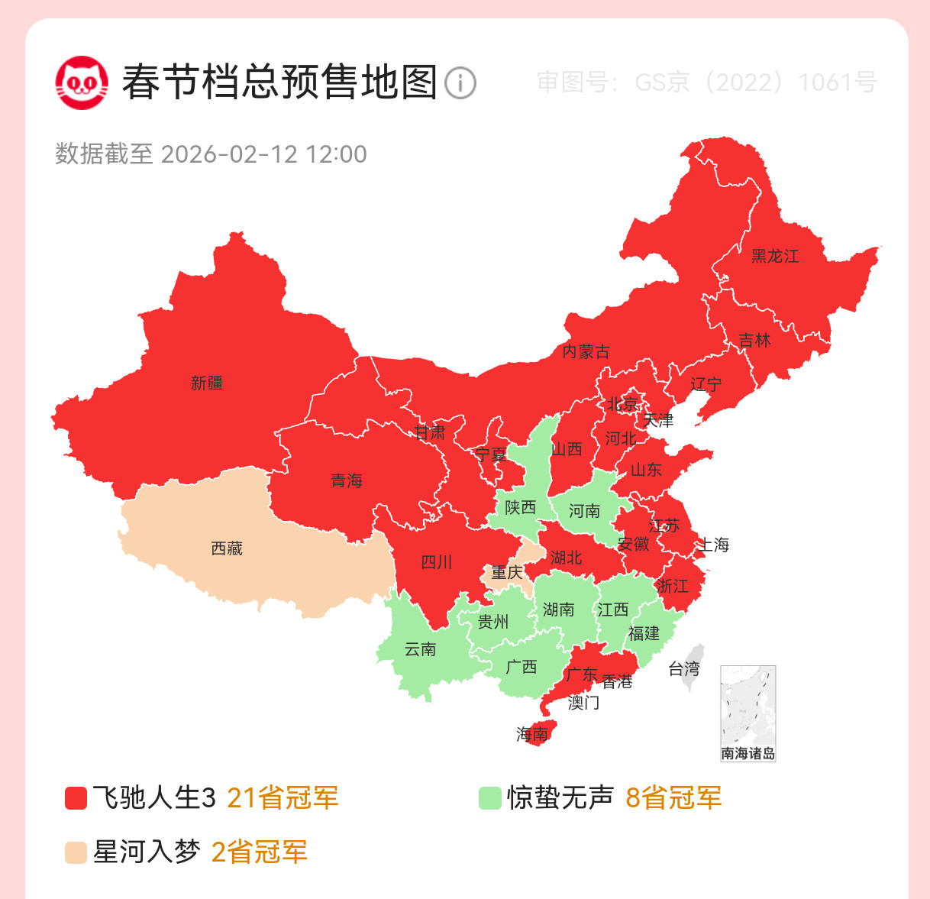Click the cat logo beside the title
[x=81, y=82]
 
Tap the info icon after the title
[x=460, y=82]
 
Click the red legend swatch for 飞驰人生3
[x=76, y=798]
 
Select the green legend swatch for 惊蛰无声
[x=489, y=798]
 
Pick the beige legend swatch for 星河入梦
[x=76, y=852]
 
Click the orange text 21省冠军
[x=283, y=798]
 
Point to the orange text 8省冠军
[x=673, y=798]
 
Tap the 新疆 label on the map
[x=207, y=383]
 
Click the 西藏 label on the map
[x=227, y=548]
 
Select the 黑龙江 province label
[x=775, y=257]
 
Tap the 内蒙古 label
[x=586, y=351]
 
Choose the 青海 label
[x=347, y=480]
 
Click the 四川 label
[x=437, y=563]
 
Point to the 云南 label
[x=420, y=649]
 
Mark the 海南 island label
[x=532, y=734]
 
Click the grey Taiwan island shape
[x=693, y=668]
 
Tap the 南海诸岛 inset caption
[x=748, y=754]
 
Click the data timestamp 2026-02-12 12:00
[x=263, y=154]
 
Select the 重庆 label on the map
[x=507, y=572]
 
